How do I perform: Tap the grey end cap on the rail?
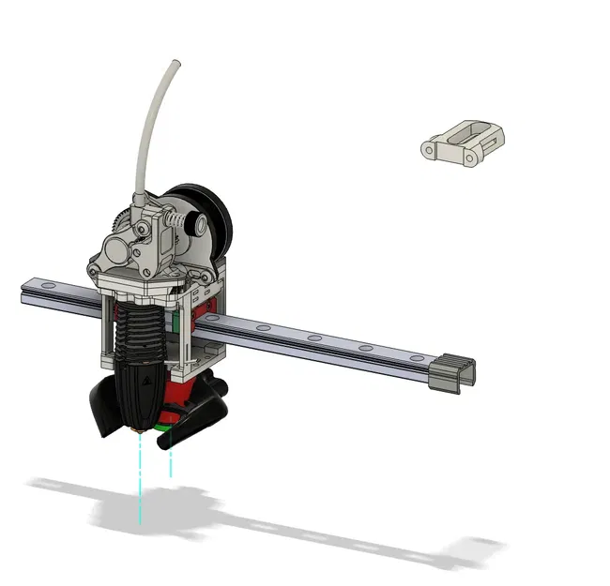[x=451, y=374]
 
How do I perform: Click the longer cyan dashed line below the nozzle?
[x=141, y=478]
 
